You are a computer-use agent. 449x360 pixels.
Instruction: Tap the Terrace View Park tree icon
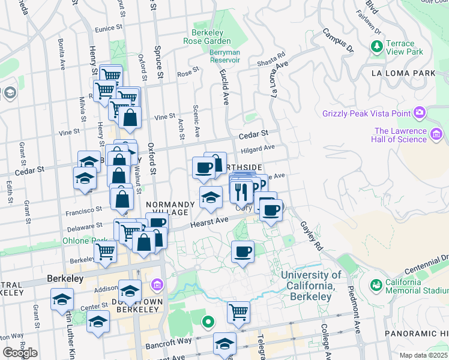(377, 46)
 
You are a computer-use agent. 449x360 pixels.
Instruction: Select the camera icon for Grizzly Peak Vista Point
(420, 112)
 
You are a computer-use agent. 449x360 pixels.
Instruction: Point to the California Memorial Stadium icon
(376, 284)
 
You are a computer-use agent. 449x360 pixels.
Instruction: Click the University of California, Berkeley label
(310, 286)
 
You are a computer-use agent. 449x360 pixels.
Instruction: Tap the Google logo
(19, 353)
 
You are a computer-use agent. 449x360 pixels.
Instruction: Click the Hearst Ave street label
(210, 222)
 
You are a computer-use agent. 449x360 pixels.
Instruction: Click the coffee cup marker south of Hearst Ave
(243, 252)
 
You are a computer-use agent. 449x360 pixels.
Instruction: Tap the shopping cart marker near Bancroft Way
(238, 312)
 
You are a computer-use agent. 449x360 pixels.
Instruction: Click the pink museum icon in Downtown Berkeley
(157, 284)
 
